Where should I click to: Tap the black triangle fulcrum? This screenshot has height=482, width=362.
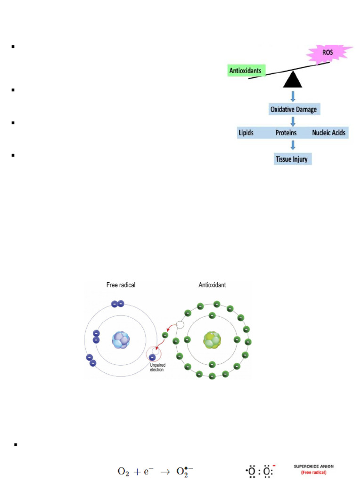point(292,80)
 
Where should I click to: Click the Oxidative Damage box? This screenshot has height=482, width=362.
point(293,110)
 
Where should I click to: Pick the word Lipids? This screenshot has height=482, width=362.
point(245,133)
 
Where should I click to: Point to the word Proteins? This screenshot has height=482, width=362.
point(286,133)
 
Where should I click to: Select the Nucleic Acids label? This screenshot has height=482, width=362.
point(329,133)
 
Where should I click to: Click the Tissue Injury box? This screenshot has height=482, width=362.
point(291,159)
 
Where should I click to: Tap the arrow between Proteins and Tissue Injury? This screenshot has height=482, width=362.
point(293,145)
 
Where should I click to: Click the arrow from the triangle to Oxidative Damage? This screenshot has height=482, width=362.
point(293,96)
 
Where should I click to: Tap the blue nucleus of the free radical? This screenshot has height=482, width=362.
point(120,340)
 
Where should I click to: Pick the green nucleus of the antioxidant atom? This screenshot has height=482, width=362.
point(211,340)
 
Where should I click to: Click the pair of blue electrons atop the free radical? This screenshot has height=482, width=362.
point(117,304)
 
